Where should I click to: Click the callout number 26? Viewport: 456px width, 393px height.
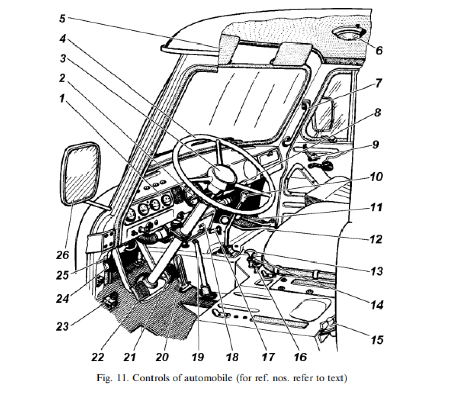[x=62, y=256]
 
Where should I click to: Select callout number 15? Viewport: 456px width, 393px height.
[x=377, y=340]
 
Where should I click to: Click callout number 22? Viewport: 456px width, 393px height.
[x=98, y=357]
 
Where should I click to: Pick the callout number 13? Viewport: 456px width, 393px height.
[x=376, y=272]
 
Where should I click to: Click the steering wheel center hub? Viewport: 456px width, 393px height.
[x=223, y=177]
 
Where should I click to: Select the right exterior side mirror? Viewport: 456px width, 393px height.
[x=323, y=114]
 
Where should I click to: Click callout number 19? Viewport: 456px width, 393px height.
[x=198, y=357]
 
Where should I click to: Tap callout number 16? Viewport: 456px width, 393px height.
[x=300, y=357]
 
